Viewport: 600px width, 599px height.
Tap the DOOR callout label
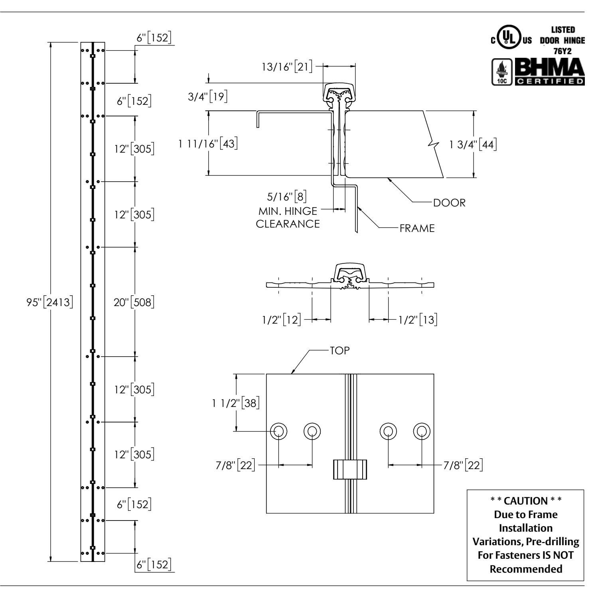pyautogui.click(x=449, y=202)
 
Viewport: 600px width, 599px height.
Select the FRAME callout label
pyautogui.click(x=417, y=228)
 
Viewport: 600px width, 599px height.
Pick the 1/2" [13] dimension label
pyautogui.click(x=418, y=319)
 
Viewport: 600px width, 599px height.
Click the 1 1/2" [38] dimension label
pyautogui.click(x=236, y=403)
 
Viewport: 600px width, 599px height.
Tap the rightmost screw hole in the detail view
pyautogui.click(x=422, y=431)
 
